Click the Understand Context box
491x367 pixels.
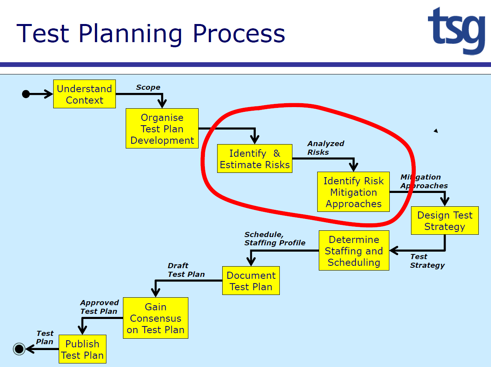(84, 94)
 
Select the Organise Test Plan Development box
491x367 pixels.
(162, 128)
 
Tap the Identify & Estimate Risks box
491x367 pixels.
(255, 158)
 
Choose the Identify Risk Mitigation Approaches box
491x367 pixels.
(353, 192)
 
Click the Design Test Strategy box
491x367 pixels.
(445, 221)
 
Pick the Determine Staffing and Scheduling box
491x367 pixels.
(354, 250)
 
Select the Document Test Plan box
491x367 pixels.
(251, 280)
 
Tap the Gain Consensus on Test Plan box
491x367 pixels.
(156, 318)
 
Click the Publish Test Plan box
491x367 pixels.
(82, 349)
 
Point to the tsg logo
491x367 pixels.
(457, 30)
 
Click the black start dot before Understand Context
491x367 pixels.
(26, 94)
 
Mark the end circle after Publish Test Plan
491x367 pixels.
(19, 348)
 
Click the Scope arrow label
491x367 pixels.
(148, 87)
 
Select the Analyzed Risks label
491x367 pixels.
(326, 148)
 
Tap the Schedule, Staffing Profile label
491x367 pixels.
(275, 239)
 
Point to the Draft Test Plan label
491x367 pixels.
(186, 270)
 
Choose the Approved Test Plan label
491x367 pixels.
(99, 307)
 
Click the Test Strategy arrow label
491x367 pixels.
(427, 261)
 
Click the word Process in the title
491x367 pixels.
(239, 34)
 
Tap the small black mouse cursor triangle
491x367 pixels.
(436, 131)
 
